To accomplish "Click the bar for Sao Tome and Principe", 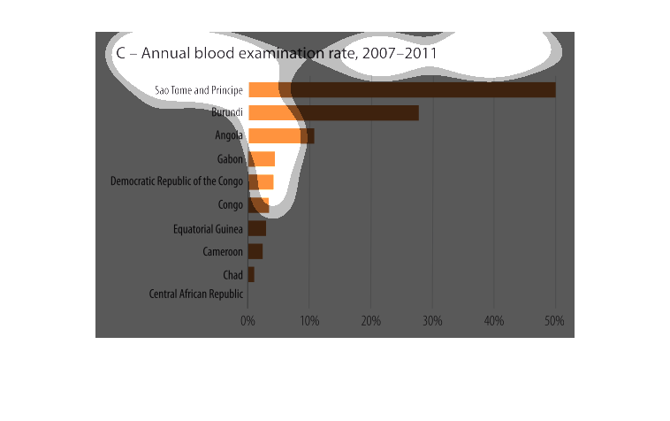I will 402,89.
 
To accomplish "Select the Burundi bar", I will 333,112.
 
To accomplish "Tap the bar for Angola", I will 281,135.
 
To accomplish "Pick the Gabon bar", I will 262,159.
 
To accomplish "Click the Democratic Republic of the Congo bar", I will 261,182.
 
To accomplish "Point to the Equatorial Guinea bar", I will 257,228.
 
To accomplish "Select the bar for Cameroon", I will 255,251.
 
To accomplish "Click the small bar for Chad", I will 251,274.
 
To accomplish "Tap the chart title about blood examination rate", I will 277,53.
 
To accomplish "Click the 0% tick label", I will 248,320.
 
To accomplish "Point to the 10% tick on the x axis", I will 309,320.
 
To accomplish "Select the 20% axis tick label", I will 370,320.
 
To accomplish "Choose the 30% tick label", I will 432,320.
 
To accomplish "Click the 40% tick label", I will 493,320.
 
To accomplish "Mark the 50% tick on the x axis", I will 554,320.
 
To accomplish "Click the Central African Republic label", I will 195,294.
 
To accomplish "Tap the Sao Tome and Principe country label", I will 199,90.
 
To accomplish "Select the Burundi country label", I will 227,112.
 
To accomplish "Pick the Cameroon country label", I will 223,252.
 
